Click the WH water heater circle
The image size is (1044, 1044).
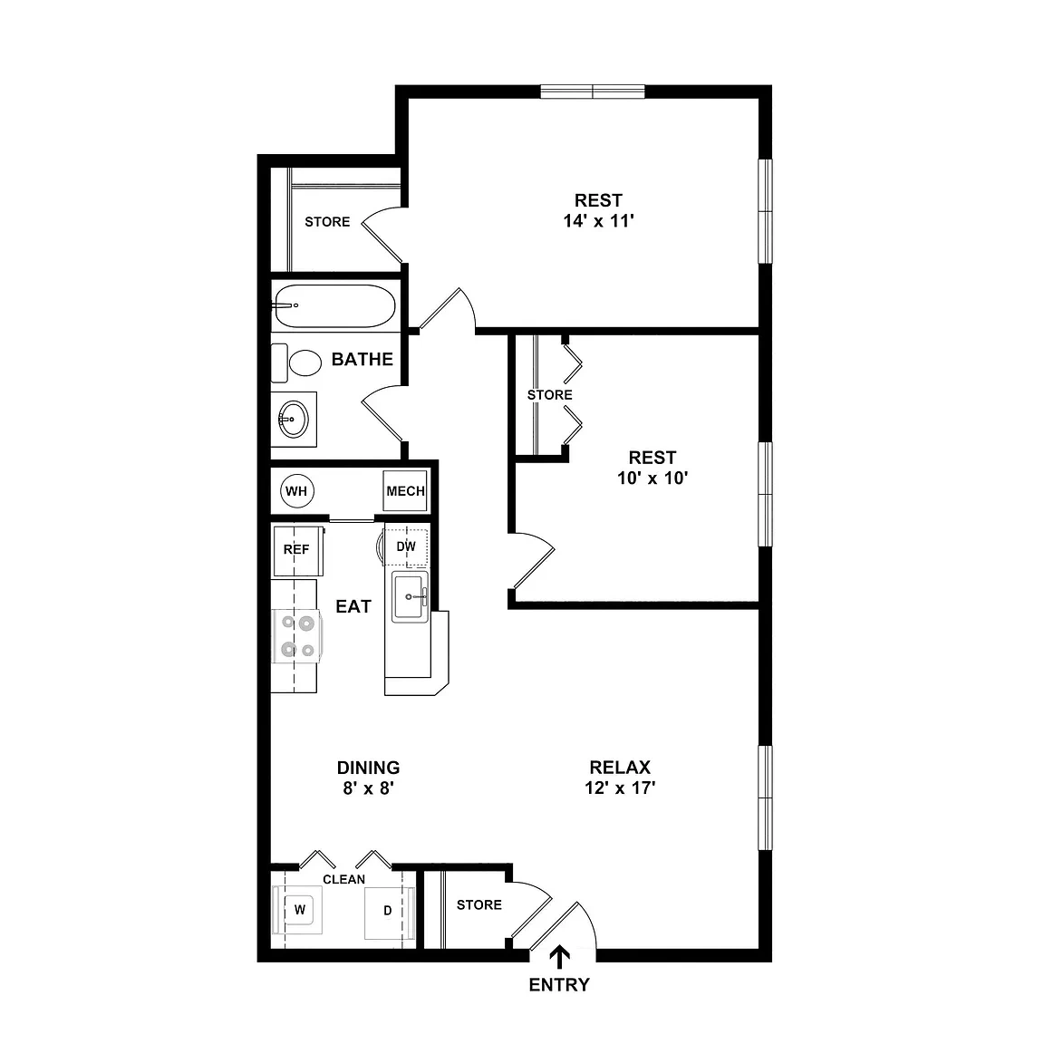[x=296, y=491]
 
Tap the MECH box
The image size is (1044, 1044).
[x=405, y=491]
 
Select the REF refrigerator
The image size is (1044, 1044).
[x=297, y=550]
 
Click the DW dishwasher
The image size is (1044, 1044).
[x=405, y=547]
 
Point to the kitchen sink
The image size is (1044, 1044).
[x=410, y=596]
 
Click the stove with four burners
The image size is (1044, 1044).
[x=297, y=636]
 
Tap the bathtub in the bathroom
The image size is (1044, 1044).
[x=335, y=306]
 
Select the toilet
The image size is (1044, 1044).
[x=297, y=362]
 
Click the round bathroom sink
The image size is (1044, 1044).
[x=293, y=419]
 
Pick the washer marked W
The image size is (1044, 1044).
[x=298, y=910]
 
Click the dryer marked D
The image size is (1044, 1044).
[x=389, y=911]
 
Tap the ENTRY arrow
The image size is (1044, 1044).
[x=559, y=957]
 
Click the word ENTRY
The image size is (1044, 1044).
[x=559, y=985]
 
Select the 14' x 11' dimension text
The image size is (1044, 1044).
[x=598, y=221]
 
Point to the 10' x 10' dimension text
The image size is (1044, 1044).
[x=652, y=478]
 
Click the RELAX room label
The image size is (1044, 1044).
[x=620, y=767]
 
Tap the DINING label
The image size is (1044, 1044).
[x=368, y=768]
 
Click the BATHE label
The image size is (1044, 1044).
[x=362, y=360]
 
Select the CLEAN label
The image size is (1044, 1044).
[x=344, y=880]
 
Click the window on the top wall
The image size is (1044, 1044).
[x=593, y=92]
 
